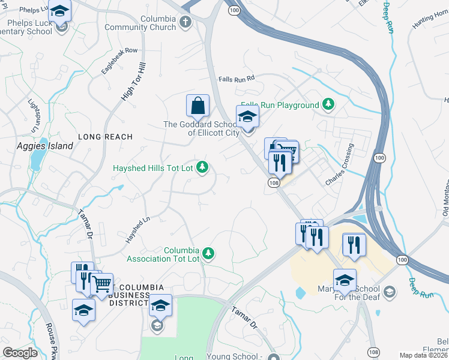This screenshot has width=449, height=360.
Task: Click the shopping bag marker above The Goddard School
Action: point(197,107)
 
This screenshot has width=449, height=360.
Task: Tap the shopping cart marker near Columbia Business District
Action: point(102,284)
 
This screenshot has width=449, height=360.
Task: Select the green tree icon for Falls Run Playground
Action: point(328,105)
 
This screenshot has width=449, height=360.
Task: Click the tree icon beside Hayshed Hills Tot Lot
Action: point(203,167)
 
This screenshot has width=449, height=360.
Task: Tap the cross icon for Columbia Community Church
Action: point(185,23)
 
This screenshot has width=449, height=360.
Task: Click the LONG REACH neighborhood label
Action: point(105,137)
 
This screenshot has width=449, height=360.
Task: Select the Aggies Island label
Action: point(45,146)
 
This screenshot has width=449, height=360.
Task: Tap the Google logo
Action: point(20,353)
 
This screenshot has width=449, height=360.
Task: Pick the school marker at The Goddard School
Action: point(247,117)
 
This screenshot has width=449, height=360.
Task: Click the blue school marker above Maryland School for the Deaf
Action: point(345,280)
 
